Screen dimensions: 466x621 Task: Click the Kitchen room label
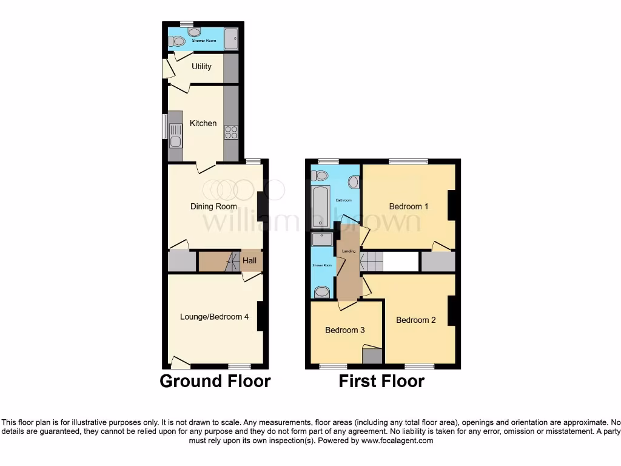[203, 123]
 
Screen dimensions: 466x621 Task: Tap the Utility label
[201, 66]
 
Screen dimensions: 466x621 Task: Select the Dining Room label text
[213, 206]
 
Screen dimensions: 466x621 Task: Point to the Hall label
[250, 261]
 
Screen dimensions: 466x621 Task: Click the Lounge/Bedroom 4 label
[214, 316]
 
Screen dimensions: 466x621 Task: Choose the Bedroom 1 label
[408, 206]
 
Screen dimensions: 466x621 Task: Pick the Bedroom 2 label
[415, 320]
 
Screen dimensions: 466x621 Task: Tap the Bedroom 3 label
[344, 330]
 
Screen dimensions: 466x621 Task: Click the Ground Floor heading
[215, 381]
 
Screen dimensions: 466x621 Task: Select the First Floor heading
[381, 381]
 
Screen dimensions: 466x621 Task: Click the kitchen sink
[175, 135]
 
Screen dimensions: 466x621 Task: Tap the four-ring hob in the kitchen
[231, 132]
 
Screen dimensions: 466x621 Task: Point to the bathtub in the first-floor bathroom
[320, 206]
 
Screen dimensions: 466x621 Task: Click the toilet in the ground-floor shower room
[176, 42]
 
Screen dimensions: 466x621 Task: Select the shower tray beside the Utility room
[231, 39]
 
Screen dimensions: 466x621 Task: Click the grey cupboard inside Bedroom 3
[372, 355]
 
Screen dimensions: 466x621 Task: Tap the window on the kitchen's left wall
[164, 127]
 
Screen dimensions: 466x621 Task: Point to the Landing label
[349, 251]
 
